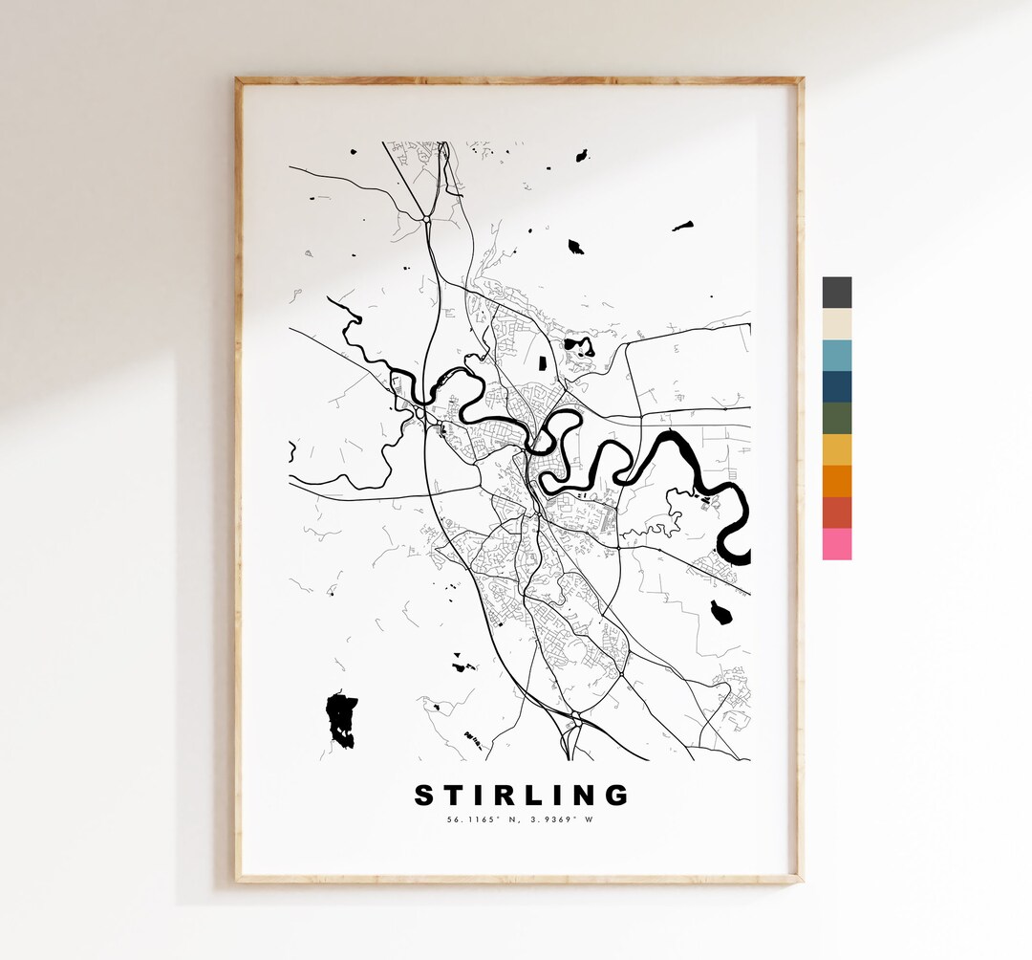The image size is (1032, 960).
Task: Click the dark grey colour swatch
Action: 836,293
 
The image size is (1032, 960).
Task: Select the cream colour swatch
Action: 836,323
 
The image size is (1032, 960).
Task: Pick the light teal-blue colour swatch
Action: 836,355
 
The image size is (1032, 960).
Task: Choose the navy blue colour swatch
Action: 836,386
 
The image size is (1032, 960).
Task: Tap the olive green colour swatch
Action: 836,418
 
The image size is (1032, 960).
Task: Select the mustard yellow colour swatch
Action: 836,449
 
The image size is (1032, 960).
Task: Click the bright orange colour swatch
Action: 836,481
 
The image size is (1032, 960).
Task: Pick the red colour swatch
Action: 836,513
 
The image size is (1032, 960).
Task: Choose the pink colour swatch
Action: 836,544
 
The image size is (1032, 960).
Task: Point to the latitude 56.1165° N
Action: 483,818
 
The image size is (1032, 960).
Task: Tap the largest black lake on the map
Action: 341,718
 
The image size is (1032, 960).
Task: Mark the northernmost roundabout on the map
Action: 427,219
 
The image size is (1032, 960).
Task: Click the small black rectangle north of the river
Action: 542,362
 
